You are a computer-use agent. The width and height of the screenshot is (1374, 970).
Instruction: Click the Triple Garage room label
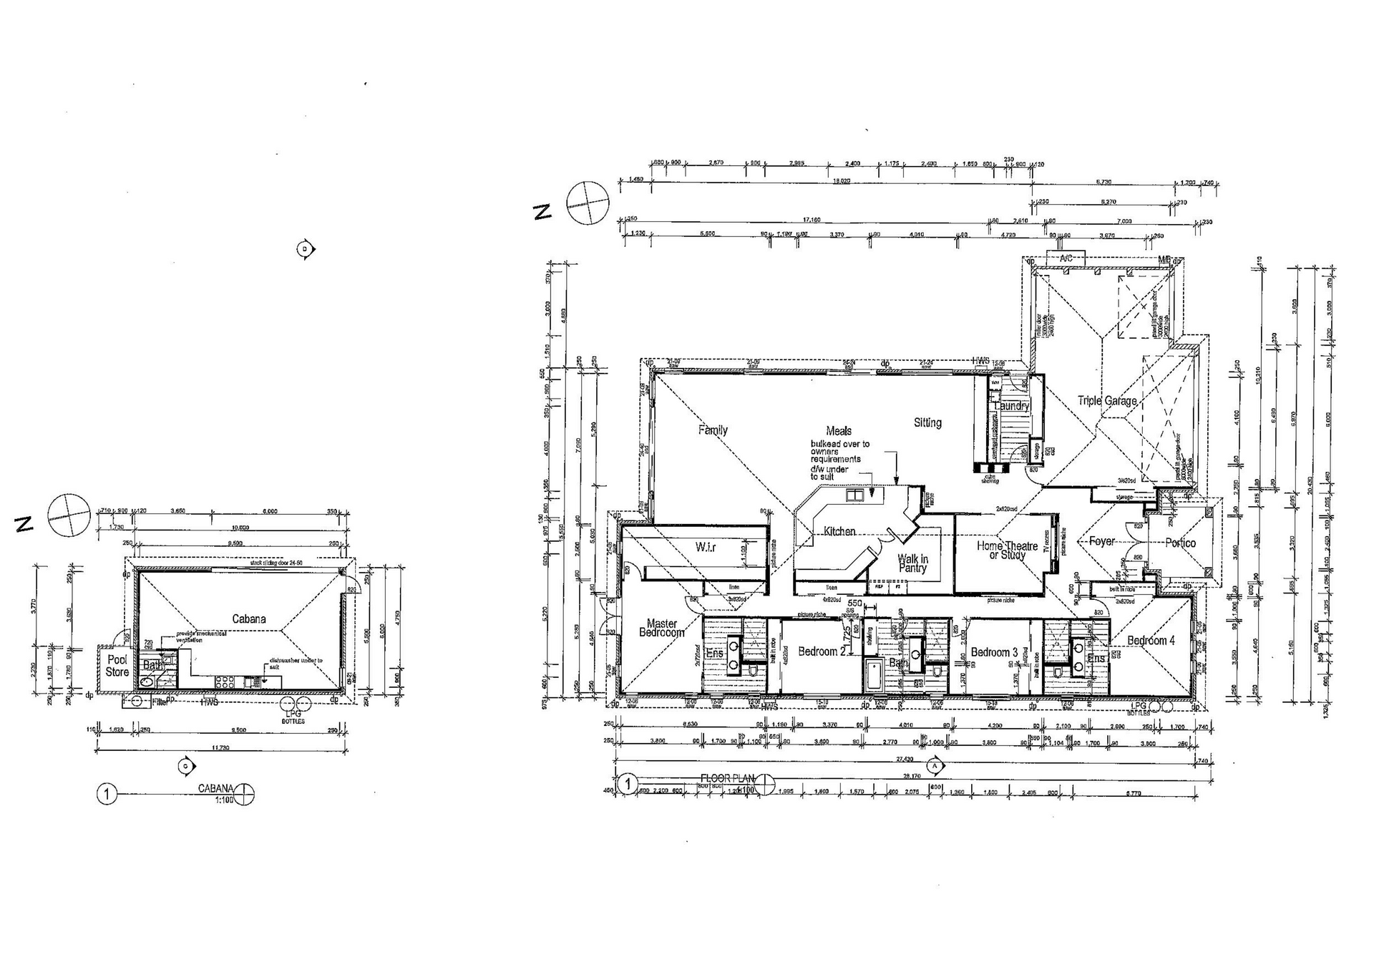click(x=1107, y=401)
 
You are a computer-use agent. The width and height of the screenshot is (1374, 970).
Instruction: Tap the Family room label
click(x=713, y=430)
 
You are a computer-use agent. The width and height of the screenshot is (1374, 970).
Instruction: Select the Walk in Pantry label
click(x=912, y=563)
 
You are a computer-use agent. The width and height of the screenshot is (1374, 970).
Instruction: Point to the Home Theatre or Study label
click(x=1007, y=551)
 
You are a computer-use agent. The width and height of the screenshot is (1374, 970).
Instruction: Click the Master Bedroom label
click(x=661, y=628)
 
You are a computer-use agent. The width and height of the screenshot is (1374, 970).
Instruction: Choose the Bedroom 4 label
click(x=1151, y=641)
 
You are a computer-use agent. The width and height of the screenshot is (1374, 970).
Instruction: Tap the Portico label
click(x=1180, y=543)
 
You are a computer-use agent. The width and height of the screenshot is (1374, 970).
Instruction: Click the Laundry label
click(x=1011, y=406)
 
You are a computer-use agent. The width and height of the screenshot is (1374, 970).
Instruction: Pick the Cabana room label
click(x=248, y=619)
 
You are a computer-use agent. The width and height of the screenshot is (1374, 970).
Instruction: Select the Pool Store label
click(x=117, y=666)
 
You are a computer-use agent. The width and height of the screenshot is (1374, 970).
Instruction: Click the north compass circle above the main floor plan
click(x=588, y=203)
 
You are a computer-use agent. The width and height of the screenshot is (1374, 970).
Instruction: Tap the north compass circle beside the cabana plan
click(x=69, y=515)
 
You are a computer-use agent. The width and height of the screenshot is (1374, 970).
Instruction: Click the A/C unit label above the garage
click(x=1066, y=258)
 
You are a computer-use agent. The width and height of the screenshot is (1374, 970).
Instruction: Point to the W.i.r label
click(x=706, y=548)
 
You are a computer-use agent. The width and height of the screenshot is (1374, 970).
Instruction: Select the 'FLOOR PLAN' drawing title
click(x=727, y=778)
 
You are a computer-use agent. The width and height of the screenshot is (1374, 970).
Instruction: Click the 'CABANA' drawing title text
click(x=216, y=788)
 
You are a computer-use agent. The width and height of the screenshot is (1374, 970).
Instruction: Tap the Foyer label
click(x=1101, y=541)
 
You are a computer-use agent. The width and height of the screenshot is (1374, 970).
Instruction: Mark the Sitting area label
click(x=927, y=423)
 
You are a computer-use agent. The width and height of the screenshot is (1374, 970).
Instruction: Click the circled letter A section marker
click(x=935, y=765)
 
